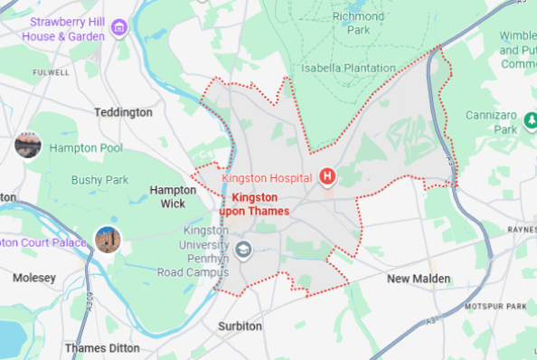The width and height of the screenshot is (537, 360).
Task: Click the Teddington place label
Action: [123, 112]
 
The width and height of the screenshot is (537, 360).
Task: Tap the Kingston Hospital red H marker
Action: [327, 176]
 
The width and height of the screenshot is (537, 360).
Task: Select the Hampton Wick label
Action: [173, 196]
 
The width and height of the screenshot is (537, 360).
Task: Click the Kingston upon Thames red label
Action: [260, 204]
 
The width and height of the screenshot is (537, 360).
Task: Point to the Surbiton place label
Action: [240, 326]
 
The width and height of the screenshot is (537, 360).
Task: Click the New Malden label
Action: [419, 279]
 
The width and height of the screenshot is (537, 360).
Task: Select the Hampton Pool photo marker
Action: [28, 145]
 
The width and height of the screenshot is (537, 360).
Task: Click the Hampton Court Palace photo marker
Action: [108, 240]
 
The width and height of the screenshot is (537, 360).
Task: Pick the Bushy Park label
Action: [100, 180]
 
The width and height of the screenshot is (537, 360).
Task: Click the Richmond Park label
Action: [359, 23]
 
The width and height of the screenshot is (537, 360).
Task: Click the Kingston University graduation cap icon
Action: [243, 248]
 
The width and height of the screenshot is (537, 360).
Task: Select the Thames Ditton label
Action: [102, 347]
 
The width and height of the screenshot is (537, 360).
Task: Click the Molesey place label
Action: [34, 278]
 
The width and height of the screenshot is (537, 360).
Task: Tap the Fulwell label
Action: [50, 71]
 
